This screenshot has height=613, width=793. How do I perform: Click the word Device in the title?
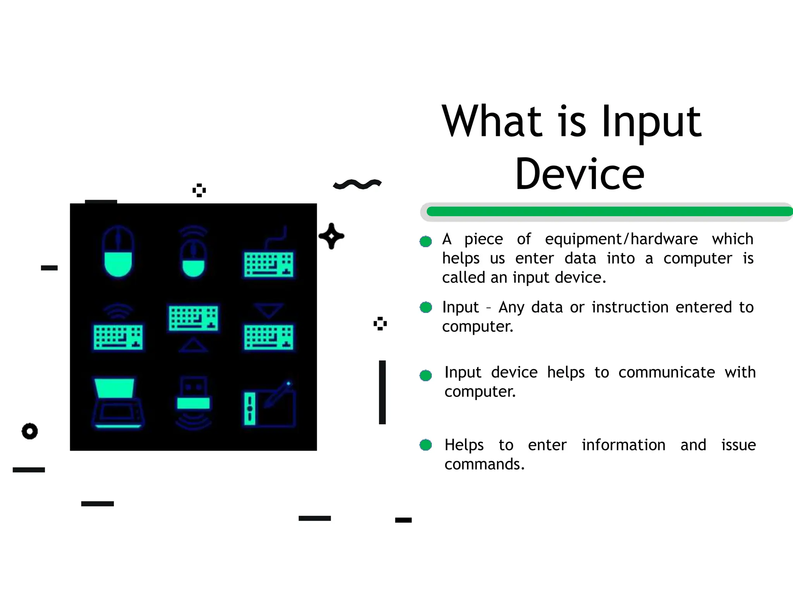580,174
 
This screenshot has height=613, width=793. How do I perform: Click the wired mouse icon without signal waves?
118,252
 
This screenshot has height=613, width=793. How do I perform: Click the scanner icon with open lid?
118,403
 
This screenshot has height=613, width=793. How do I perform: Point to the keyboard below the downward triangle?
269,337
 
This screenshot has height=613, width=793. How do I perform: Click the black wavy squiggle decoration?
357,184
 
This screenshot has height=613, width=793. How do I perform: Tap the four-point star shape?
331,236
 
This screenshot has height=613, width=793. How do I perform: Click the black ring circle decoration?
30,431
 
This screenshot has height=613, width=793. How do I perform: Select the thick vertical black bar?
382,392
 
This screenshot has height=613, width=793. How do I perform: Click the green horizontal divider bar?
608,212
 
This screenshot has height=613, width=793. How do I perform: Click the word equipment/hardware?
621,239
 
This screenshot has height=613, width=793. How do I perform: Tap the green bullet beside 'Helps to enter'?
426,445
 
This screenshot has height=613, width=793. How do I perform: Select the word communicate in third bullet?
666,372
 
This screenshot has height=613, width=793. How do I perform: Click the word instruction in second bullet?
630,307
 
